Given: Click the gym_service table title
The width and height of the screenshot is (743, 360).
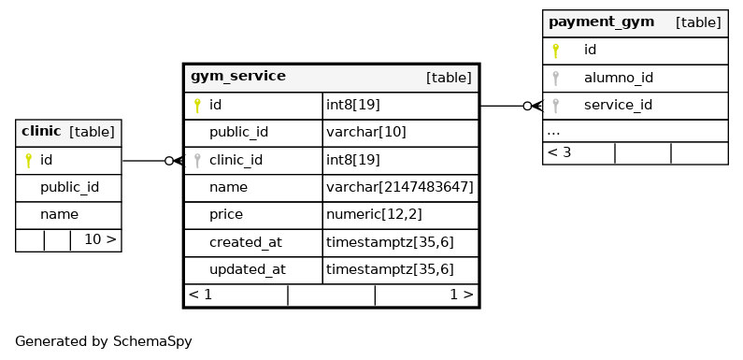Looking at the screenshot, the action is (x=238, y=77).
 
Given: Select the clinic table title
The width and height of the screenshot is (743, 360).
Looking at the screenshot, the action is (x=41, y=132).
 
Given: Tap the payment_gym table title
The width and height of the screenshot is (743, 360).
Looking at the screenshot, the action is (x=601, y=22).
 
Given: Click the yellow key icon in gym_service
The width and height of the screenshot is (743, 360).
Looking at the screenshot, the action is (x=197, y=106).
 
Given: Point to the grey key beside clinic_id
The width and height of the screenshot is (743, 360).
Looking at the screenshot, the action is (x=197, y=161).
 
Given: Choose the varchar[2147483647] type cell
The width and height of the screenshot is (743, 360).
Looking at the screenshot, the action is (x=400, y=188).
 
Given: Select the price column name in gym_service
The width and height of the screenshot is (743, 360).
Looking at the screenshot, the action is (x=226, y=215).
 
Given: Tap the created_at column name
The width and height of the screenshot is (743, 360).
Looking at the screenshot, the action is (x=246, y=242).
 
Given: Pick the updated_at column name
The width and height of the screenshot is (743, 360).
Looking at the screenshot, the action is (x=248, y=270).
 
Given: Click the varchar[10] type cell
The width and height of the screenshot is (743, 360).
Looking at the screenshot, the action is (x=365, y=133).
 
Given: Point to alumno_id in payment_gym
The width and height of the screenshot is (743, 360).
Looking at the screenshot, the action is (x=619, y=78).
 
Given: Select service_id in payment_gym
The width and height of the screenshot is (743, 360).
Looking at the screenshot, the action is (x=618, y=106).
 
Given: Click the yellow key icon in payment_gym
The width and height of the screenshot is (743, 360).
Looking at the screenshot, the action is (x=555, y=50).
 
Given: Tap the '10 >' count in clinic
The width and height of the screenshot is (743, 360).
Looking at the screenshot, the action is (x=100, y=240).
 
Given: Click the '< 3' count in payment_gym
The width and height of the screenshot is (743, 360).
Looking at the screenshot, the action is (x=559, y=152).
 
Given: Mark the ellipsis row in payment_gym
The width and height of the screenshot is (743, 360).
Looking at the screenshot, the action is (x=635, y=132).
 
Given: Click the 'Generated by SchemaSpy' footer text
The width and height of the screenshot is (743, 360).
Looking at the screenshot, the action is (x=104, y=341).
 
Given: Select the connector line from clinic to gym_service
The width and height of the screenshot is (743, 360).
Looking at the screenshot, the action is (x=152, y=161).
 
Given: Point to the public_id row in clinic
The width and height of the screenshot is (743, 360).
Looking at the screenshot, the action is (x=69, y=188).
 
